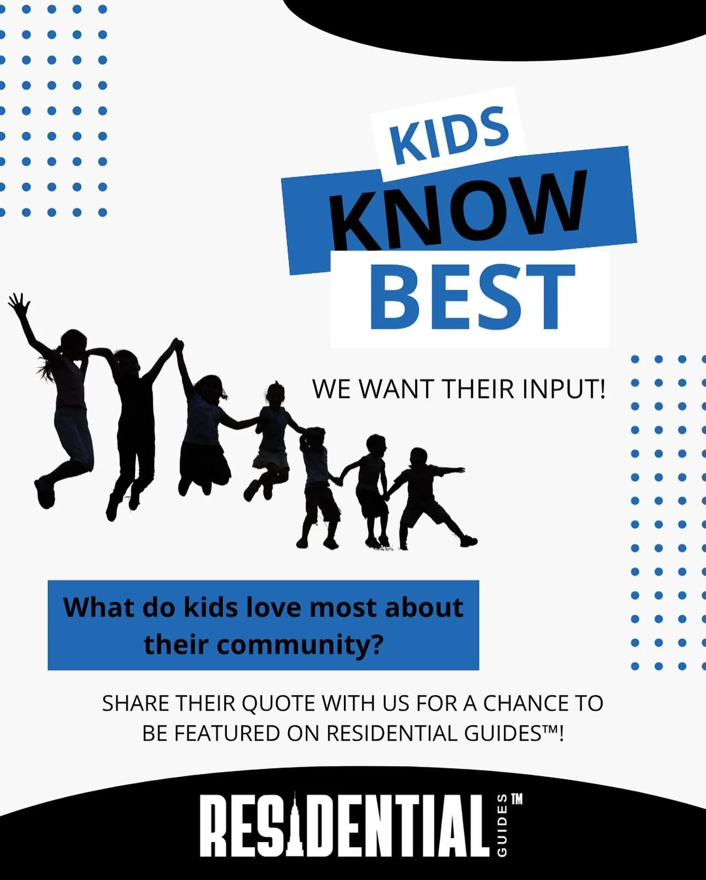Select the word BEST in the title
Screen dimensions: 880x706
coord(472,298)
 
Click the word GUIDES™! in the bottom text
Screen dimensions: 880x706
coord(514,733)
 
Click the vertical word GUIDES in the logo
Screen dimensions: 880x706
coord(502,825)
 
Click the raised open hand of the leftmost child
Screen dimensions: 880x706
coord(19,303)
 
